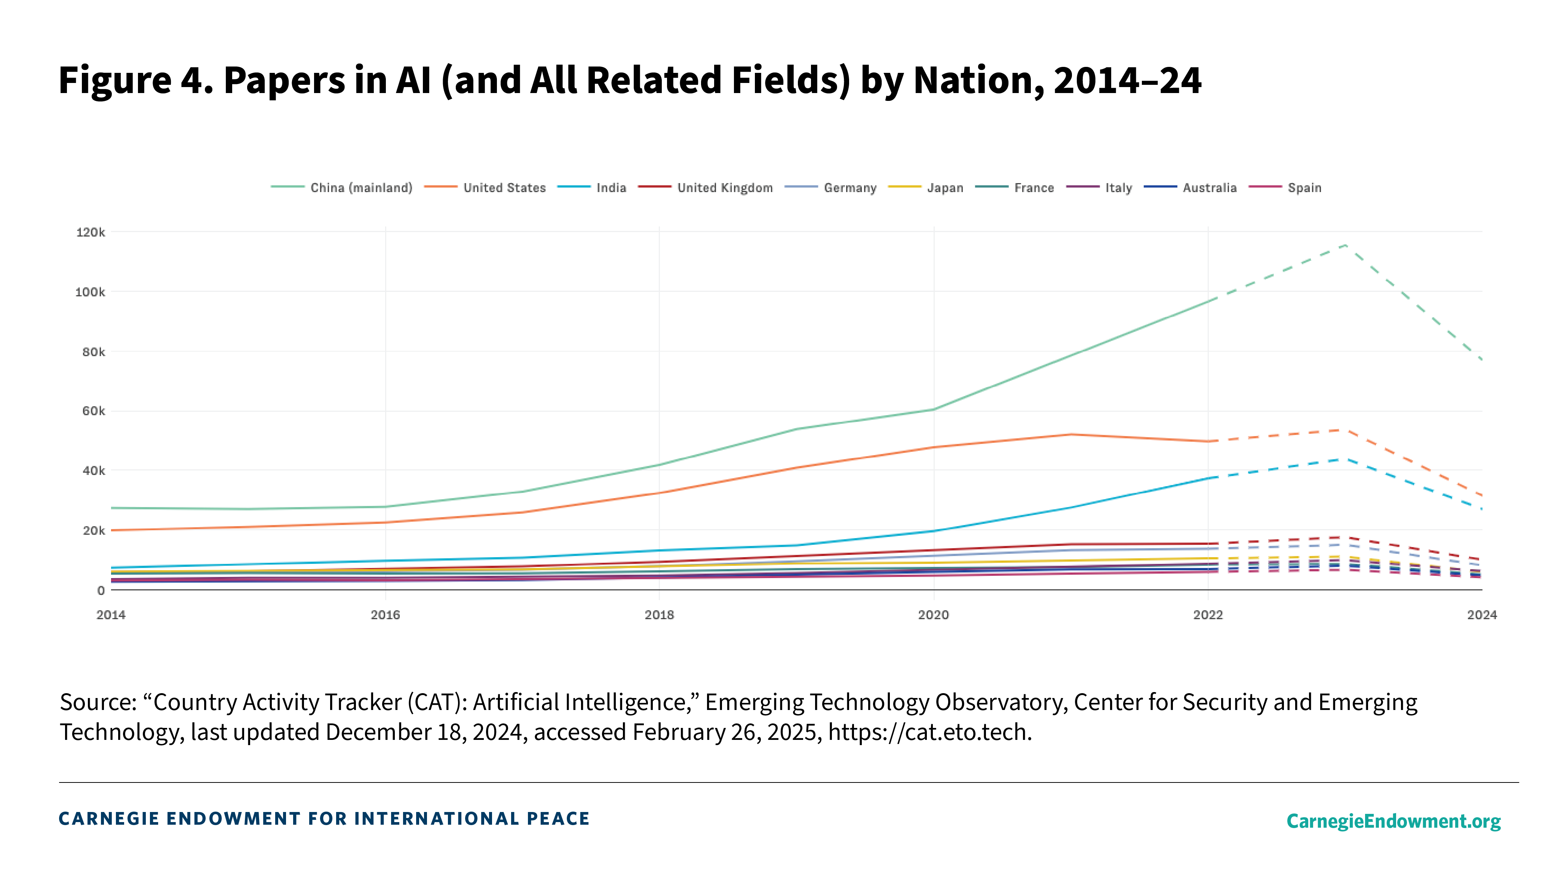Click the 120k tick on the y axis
90,232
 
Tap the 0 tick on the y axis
101,590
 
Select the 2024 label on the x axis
1482,615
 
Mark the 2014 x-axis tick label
111,615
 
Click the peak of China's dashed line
1346,244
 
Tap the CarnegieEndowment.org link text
1393,821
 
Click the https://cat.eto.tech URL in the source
929,732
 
